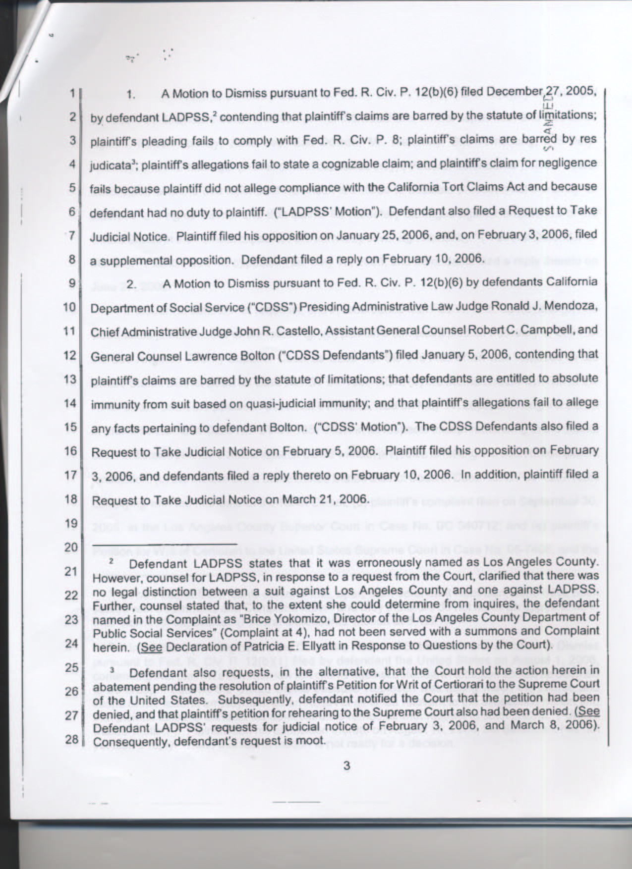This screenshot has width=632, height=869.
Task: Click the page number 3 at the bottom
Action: tap(346, 766)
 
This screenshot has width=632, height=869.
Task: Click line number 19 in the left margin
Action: tap(71, 524)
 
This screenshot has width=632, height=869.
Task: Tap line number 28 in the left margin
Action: tap(71, 739)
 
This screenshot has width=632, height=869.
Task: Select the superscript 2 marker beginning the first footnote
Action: tap(113, 562)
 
